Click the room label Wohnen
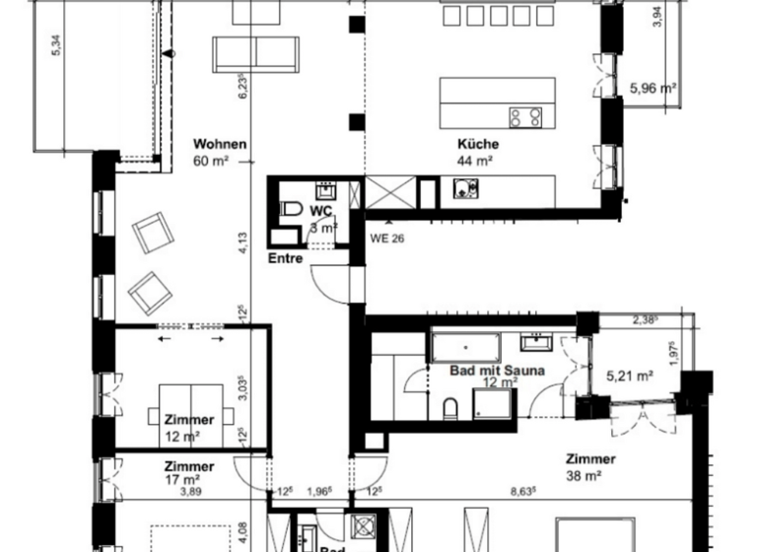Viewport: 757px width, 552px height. click(219, 144)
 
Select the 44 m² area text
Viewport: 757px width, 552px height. click(474, 160)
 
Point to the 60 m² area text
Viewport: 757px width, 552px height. click(212, 160)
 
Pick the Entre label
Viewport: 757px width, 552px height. click(285, 259)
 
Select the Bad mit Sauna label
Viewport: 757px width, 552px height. click(482, 370)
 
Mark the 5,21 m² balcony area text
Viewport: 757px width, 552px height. click(631, 376)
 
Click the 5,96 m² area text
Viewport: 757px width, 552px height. click(653, 89)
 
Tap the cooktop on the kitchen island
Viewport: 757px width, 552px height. click(524, 116)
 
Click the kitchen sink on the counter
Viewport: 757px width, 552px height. click(465, 189)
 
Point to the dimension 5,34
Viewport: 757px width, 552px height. click(56, 45)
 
